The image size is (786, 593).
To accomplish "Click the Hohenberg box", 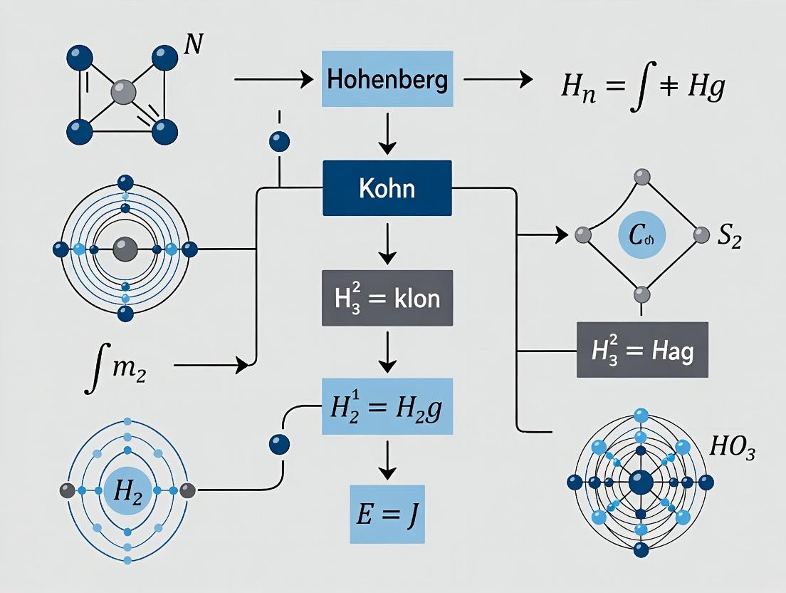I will coord(387,80).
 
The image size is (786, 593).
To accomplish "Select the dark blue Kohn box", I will coord(387,188).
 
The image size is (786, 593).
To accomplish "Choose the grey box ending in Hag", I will coord(642,349).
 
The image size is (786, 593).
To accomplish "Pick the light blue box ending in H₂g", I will coord(387,405).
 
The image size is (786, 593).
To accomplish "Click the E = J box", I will coord(387,515).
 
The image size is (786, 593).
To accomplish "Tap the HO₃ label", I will coord(732,450).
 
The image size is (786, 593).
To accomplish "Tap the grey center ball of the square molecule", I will coord(122,93).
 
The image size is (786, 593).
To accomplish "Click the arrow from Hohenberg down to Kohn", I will coord(387,135).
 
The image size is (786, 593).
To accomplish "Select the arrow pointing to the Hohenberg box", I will coord(274,80).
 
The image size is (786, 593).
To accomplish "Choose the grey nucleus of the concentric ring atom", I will coord(125,249).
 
